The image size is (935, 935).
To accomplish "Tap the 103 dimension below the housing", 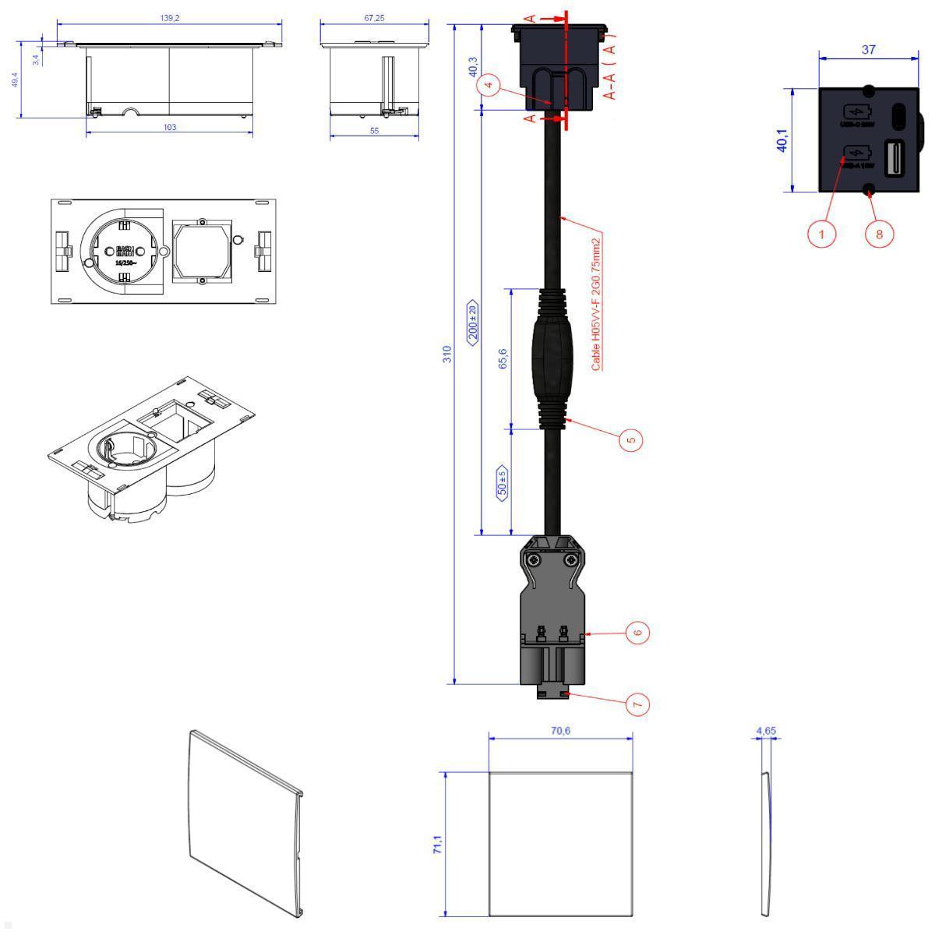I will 169,126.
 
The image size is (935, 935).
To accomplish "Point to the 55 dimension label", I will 374,131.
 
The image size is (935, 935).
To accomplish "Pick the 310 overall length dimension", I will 447,355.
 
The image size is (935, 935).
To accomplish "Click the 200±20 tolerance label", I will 472,321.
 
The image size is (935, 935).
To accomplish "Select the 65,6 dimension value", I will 503,358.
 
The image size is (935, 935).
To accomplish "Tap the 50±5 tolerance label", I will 503,482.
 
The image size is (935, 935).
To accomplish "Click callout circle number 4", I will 489,86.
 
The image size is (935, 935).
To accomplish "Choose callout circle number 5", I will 631,439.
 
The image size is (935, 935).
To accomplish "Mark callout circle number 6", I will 637,633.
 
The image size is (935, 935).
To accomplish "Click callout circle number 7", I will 637,704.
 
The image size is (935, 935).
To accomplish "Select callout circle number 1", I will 820,233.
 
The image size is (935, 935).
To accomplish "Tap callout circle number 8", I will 879,233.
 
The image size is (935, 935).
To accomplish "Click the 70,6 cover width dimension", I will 560,731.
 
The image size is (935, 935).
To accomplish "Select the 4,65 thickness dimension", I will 766,731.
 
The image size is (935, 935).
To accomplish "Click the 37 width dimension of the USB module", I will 868,50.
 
